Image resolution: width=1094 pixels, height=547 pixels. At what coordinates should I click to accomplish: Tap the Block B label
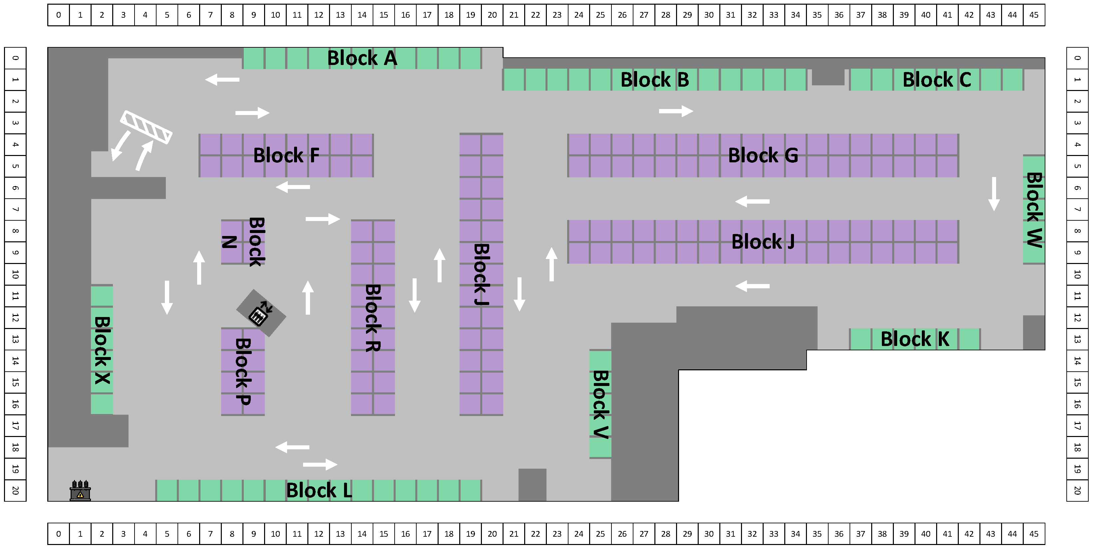(x=654, y=80)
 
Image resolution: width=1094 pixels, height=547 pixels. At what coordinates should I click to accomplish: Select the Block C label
(x=936, y=80)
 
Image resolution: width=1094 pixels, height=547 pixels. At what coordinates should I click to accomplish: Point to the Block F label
(x=286, y=156)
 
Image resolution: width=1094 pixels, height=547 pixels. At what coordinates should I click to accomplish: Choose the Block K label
(x=915, y=339)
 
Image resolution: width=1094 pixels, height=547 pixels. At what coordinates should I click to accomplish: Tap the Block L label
(x=319, y=490)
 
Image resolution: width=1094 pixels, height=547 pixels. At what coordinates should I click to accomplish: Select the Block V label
(x=600, y=404)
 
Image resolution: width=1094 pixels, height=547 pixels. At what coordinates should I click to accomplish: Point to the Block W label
(x=1034, y=210)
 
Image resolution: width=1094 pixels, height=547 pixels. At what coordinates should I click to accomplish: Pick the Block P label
(x=243, y=371)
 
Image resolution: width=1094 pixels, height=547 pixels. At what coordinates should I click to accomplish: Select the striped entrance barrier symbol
(x=146, y=127)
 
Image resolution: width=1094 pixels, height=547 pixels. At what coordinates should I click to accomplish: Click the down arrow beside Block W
(x=994, y=194)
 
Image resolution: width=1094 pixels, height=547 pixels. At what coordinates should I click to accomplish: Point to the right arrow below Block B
(x=676, y=111)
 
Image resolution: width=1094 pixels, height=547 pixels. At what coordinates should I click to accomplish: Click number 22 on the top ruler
(x=535, y=15)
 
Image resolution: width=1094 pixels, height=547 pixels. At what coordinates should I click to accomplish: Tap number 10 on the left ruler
(x=15, y=275)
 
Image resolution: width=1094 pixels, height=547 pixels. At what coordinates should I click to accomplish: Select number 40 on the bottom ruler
(x=925, y=534)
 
